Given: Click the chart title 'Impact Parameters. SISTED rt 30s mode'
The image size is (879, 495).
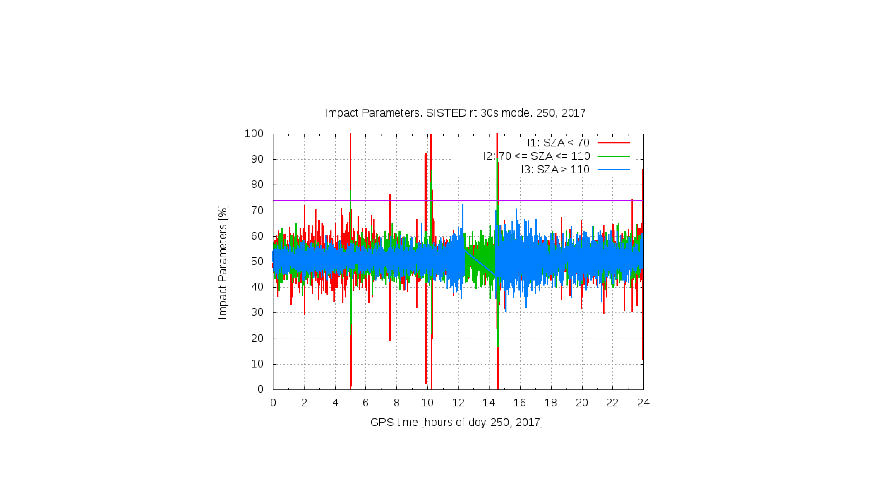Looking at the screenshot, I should [457, 113].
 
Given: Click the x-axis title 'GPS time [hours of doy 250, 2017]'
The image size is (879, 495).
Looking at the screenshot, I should [457, 422].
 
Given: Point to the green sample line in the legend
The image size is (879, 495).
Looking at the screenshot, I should [614, 156].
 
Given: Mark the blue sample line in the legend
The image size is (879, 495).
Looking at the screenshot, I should [614, 169].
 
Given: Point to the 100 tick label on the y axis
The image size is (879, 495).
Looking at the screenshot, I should [254, 133].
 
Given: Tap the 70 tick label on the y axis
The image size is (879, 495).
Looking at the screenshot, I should [257, 210].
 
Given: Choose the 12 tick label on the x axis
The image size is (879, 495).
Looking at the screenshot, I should [458, 403].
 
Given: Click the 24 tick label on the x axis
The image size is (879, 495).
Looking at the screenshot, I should [643, 403].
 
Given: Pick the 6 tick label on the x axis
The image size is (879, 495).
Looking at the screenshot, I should [366, 403].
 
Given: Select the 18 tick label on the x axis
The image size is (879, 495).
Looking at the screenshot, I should [551, 403].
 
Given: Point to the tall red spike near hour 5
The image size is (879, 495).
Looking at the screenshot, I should [350, 161].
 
